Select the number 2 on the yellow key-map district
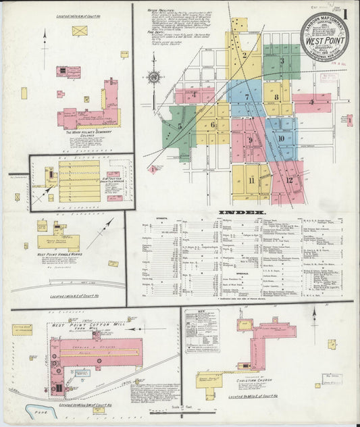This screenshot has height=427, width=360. tap(245, 55)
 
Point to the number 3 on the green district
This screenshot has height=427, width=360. tap(282, 61)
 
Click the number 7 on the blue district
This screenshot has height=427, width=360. tap(247, 97)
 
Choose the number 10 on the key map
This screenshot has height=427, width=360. tap(280, 139)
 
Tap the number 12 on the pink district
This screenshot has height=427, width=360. tap(289, 180)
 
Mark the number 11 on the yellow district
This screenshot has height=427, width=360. tap(251, 180)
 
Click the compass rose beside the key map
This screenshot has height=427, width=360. tap(153, 78)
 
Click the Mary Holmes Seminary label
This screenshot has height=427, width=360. tap(87, 133)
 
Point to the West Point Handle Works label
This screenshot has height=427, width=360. tap(56, 255)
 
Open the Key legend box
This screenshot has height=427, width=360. tap(202, 331)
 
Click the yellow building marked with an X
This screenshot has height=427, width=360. tap(80, 30)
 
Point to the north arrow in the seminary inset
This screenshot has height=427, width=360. tap(45, 41)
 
